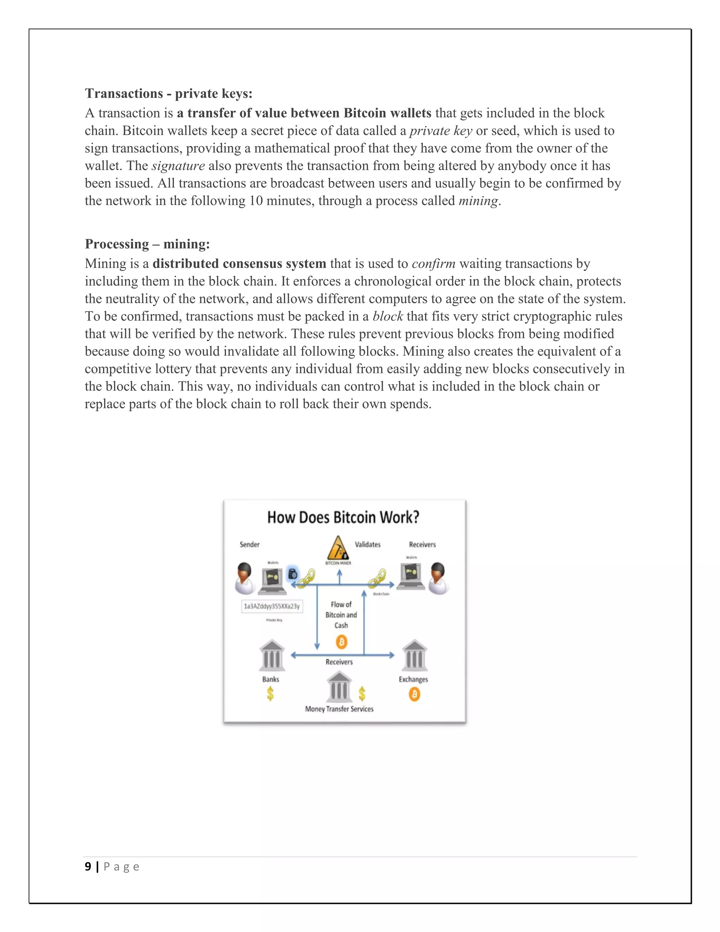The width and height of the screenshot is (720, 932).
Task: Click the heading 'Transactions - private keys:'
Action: [x=168, y=94]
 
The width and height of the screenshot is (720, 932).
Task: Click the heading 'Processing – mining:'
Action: [x=147, y=244]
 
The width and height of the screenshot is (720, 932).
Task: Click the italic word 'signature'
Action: [x=178, y=166]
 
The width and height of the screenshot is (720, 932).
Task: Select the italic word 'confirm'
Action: [x=433, y=264]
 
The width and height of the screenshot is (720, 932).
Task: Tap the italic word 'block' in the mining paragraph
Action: [x=387, y=316]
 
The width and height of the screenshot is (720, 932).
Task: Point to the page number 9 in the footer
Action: [x=88, y=867]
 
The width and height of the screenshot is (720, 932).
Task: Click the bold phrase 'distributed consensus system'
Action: [x=239, y=264]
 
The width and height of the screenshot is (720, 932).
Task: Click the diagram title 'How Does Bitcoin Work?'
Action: [x=343, y=517]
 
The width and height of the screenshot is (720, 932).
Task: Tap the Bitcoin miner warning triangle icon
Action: [x=338, y=548]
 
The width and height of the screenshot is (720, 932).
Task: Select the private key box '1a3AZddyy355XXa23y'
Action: [x=272, y=606]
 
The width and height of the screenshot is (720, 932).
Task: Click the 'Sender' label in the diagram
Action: [x=250, y=544]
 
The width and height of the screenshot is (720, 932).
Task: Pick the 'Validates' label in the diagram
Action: [x=368, y=544]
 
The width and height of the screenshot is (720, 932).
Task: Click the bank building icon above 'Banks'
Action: [x=272, y=656]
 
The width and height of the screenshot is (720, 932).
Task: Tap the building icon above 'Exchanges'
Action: [x=414, y=656]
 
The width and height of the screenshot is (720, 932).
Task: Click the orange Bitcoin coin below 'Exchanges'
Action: [x=414, y=694]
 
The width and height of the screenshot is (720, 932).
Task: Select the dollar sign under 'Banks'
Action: [x=270, y=694]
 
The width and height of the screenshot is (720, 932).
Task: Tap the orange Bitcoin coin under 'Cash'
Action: [x=341, y=641]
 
